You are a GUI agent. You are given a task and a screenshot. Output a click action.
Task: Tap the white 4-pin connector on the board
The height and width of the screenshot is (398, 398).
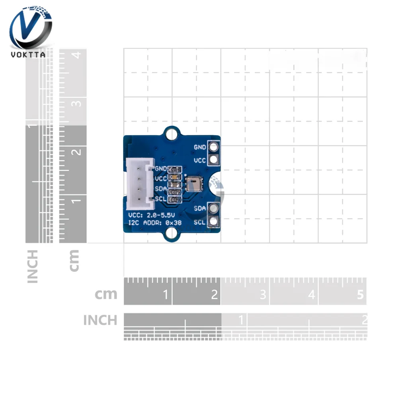[x=139, y=184]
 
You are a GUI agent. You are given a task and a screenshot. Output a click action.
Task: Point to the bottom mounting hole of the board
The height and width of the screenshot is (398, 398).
[x=172, y=236]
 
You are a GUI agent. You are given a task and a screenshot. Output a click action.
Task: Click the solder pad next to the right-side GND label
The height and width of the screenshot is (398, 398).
[x=214, y=147]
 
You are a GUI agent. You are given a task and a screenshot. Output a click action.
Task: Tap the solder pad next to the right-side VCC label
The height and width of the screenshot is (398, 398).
[x=214, y=160]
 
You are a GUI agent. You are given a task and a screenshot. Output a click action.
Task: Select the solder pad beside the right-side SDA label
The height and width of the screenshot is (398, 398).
[x=214, y=208]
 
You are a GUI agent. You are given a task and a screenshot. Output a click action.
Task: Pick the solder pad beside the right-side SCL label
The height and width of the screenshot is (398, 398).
[x=214, y=221]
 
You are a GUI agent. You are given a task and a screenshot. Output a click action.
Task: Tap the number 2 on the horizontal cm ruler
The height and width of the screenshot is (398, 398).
[x=215, y=295]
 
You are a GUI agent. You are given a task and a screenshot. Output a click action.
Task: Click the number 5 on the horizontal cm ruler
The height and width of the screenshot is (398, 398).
[x=361, y=295]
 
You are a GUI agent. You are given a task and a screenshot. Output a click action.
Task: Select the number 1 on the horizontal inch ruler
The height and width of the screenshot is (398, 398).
[x=241, y=320]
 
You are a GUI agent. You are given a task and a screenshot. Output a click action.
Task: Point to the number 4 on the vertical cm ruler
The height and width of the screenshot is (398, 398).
[x=78, y=55]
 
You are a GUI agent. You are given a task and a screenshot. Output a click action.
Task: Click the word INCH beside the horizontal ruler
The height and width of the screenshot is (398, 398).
[x=100, y=320]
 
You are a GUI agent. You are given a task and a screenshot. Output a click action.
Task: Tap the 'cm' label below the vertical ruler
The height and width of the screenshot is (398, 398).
[x=74, y=261]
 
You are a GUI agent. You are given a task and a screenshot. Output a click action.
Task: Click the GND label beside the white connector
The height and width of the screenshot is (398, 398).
[x=161, y=169]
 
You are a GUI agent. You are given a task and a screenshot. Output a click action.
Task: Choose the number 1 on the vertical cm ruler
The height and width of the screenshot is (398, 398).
[x=78, y=199]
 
